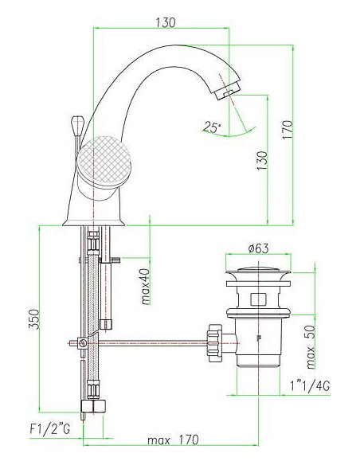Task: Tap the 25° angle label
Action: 213,125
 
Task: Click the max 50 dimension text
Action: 311,344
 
